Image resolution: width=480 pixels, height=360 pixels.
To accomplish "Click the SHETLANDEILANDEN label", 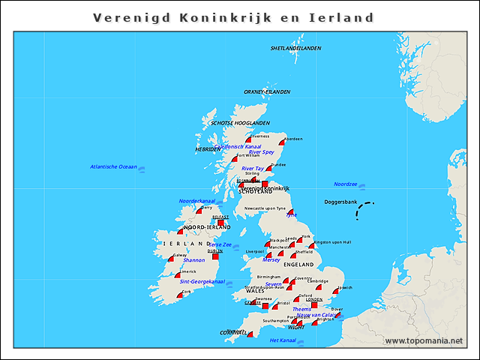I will pos(295,48).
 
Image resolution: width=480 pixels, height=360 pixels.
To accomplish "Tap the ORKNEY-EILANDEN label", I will pos(266,91).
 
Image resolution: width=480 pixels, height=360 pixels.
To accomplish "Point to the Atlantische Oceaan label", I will pos(113,166).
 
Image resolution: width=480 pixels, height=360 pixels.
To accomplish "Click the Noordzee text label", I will pos(345,184).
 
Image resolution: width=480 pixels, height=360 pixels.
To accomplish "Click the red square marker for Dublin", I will pos(215,256).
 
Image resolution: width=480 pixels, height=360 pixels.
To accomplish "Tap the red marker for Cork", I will pos(180,295).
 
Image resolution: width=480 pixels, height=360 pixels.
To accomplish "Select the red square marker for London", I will pos(315,304).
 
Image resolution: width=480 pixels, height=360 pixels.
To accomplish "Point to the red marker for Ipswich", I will pos(336,292).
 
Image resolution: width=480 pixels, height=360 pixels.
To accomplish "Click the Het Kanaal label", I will pos(283,340).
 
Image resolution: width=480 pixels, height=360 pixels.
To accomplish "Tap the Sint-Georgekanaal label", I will pos(202,281).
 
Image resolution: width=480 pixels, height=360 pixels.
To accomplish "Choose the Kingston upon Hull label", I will pos(332,242).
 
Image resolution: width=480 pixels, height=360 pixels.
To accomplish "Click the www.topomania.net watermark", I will pos(424,341).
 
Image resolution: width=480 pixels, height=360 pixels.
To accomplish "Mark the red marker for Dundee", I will pos(269,169).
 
